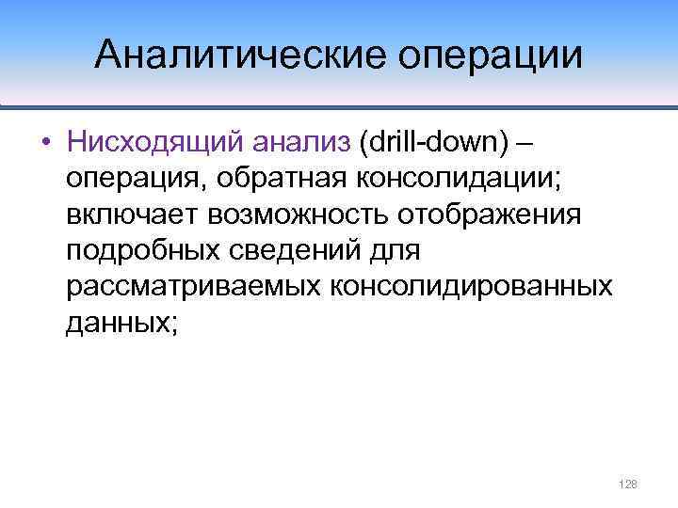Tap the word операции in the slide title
point(491,56)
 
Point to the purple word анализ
point(302,143)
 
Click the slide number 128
point(628,484)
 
